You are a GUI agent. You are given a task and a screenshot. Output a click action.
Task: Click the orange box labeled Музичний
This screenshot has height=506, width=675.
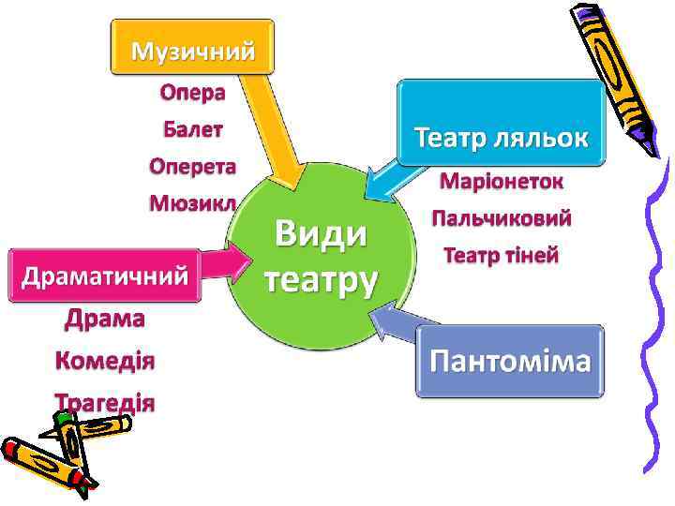[192, 48]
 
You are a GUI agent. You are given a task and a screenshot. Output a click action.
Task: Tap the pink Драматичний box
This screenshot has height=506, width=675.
[105, 275]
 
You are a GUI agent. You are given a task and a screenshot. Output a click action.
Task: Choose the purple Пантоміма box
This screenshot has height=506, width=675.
[511, 362]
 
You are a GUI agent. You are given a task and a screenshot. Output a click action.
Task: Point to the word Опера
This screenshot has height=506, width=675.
[192, 93]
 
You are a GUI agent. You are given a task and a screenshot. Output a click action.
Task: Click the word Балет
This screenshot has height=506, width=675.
[192, 129]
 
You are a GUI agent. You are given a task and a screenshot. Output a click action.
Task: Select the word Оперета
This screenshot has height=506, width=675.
[192, 166]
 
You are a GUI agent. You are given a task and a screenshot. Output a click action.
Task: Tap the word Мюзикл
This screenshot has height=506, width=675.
[192, 202]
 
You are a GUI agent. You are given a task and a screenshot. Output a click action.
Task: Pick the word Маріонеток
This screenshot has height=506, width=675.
[502, 181]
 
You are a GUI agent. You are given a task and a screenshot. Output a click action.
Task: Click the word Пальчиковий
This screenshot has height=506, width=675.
[502, 218]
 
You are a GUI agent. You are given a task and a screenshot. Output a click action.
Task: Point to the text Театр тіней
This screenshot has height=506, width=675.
[502, 255]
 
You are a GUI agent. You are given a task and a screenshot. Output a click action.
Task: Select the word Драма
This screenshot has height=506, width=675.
[105, 320]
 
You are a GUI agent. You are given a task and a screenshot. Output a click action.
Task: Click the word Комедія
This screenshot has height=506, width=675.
[105, 361]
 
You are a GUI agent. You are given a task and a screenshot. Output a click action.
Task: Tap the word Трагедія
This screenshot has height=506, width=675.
[105, 402]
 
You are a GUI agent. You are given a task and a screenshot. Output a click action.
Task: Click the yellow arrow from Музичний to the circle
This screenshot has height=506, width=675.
[277, 131]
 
